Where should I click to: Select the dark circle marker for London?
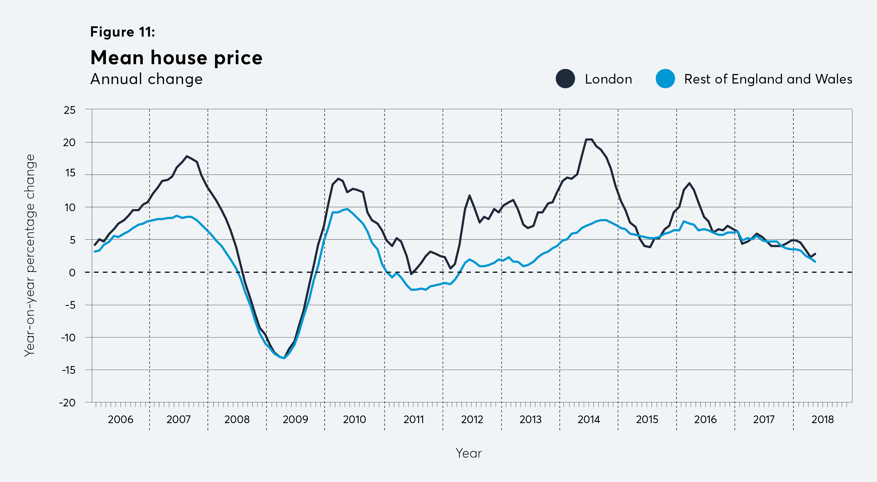[565, 79]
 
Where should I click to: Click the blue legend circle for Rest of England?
[665, 79]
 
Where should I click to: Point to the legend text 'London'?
[608, 79]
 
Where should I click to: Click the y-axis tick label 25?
[70, 110]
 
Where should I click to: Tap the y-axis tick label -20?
[67, 402]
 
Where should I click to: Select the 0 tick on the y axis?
[72, 272]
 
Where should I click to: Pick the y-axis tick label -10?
[68, 337]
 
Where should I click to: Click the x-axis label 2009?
[295, 419]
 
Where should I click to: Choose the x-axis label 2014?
[589, 419]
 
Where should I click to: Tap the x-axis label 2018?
[822, 419]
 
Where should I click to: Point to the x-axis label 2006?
[121, 419]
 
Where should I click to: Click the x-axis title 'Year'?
[468, 453]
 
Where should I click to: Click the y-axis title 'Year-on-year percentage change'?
[30, 255]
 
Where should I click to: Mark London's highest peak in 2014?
[589, 140]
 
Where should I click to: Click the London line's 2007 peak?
[187, 157]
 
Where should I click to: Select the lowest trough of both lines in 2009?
[284, 358]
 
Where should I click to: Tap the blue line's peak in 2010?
[347, 209]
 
